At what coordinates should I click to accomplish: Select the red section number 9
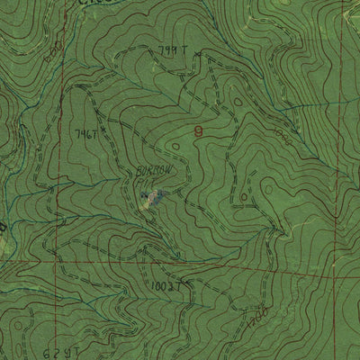click(198, 132)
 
